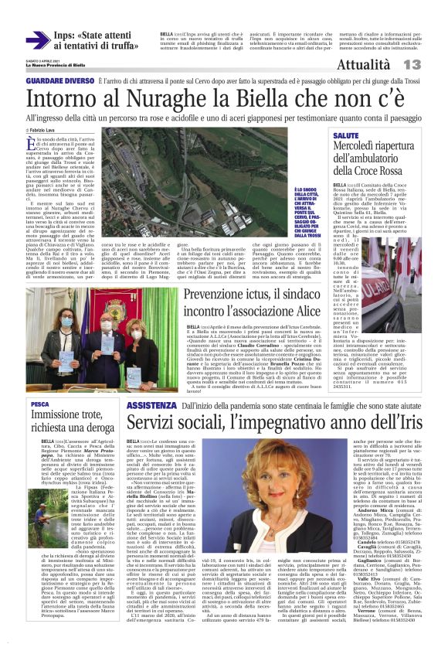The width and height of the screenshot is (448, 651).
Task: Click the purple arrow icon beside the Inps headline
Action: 38,41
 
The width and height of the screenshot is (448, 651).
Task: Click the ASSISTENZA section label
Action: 145,404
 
